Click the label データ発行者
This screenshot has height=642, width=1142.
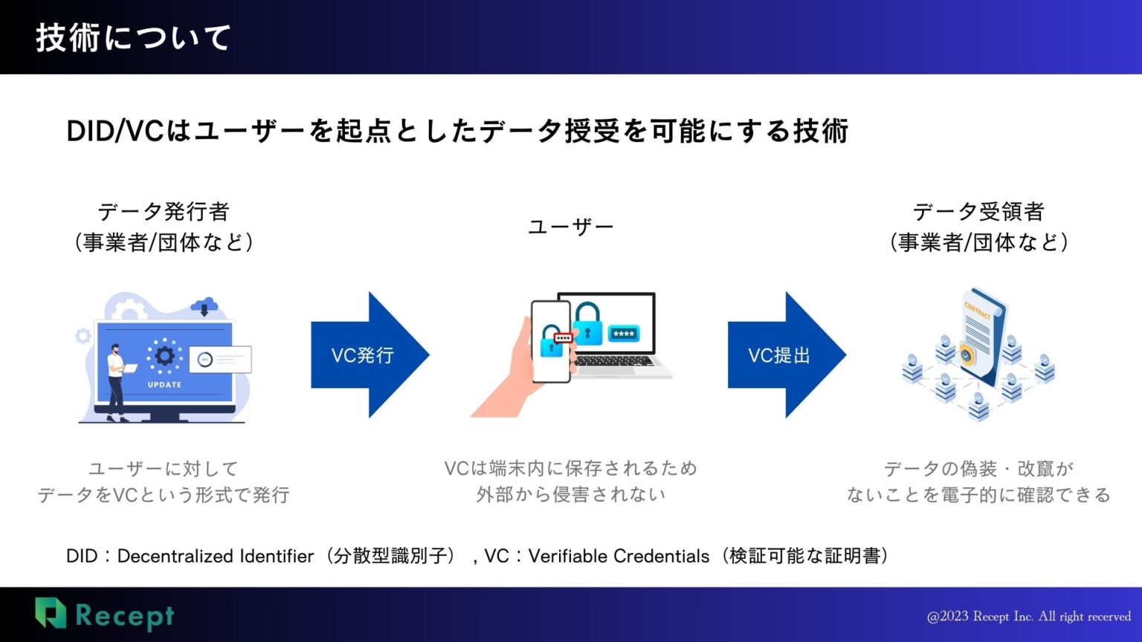click(x=164, y=212)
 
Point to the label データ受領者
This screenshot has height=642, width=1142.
click(x=978, y=212)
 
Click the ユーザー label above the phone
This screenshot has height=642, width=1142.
click(x=570, y=227)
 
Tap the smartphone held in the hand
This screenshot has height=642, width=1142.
click(x=550, y=342)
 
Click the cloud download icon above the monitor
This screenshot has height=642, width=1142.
click(x=204, y=305)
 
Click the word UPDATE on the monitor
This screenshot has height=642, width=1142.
click(x=164, y=385)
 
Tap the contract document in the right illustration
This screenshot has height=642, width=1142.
click(x=981, y=334)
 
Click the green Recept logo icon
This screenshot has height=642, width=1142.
click(x=51, y=613)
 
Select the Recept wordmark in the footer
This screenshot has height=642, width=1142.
click(x=125, y=616)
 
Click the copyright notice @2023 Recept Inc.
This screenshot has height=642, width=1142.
click(x=1028, y=617)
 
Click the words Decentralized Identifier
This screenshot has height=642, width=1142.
click(x=216, y=556)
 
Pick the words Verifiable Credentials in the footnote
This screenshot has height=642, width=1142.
click(x=619, y=556)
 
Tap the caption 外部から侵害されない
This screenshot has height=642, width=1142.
click(x=570, y=494)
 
